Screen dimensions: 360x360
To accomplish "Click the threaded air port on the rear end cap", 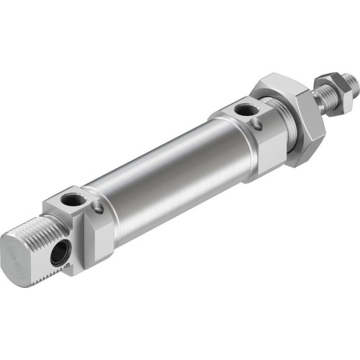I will coord(73,198).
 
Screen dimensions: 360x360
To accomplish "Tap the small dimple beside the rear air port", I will coord(98,210).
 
